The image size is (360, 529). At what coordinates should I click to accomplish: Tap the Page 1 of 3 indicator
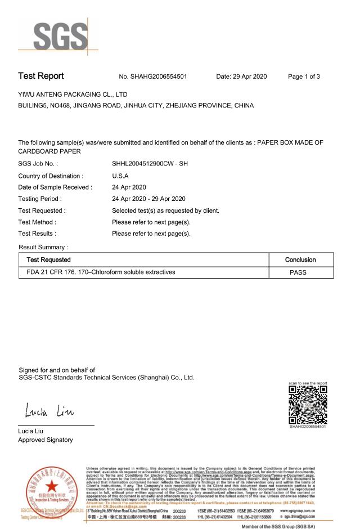(304, 77)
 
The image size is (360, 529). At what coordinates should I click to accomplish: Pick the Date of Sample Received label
(55, 187)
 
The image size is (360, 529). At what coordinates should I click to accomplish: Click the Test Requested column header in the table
(45, 259)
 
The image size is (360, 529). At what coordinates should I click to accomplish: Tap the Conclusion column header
(300, 259)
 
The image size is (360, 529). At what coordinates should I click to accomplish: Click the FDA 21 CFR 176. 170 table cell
(97, 272)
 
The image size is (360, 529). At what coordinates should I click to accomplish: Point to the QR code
(307, 405)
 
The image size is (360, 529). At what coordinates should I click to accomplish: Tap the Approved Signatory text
(46, 440)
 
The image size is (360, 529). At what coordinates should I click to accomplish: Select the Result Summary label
(43, 246)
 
